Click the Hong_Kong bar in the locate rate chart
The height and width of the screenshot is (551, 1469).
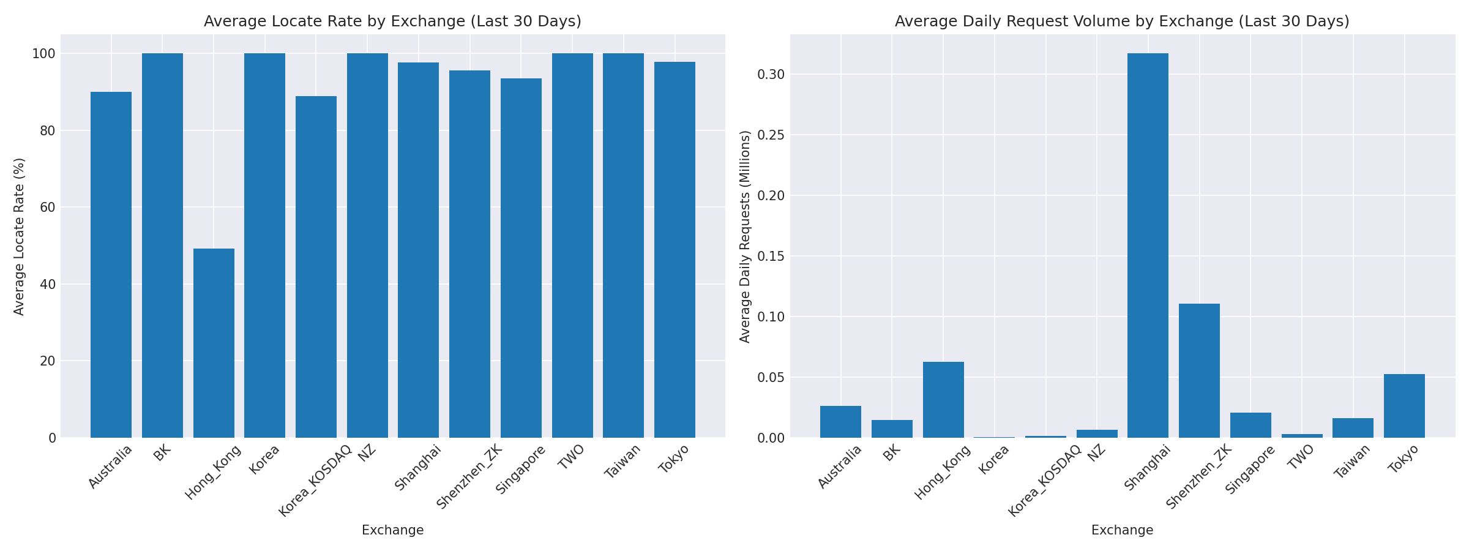214,343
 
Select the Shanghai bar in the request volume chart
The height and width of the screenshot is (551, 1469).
1148,245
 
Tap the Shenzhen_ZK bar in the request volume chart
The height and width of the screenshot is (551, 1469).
1199,370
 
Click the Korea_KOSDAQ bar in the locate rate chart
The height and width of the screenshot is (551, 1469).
316,266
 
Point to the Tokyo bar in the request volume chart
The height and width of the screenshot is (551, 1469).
1404,405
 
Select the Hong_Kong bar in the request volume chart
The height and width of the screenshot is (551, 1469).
943,399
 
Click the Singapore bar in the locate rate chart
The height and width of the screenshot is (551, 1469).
521,257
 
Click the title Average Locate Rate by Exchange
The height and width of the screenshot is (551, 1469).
392,21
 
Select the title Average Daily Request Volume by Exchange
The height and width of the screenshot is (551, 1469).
1122,21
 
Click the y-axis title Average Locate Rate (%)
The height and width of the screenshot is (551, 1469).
19,236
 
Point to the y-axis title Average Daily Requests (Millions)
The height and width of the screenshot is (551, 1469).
745,236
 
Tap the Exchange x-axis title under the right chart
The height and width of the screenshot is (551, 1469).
1122,530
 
